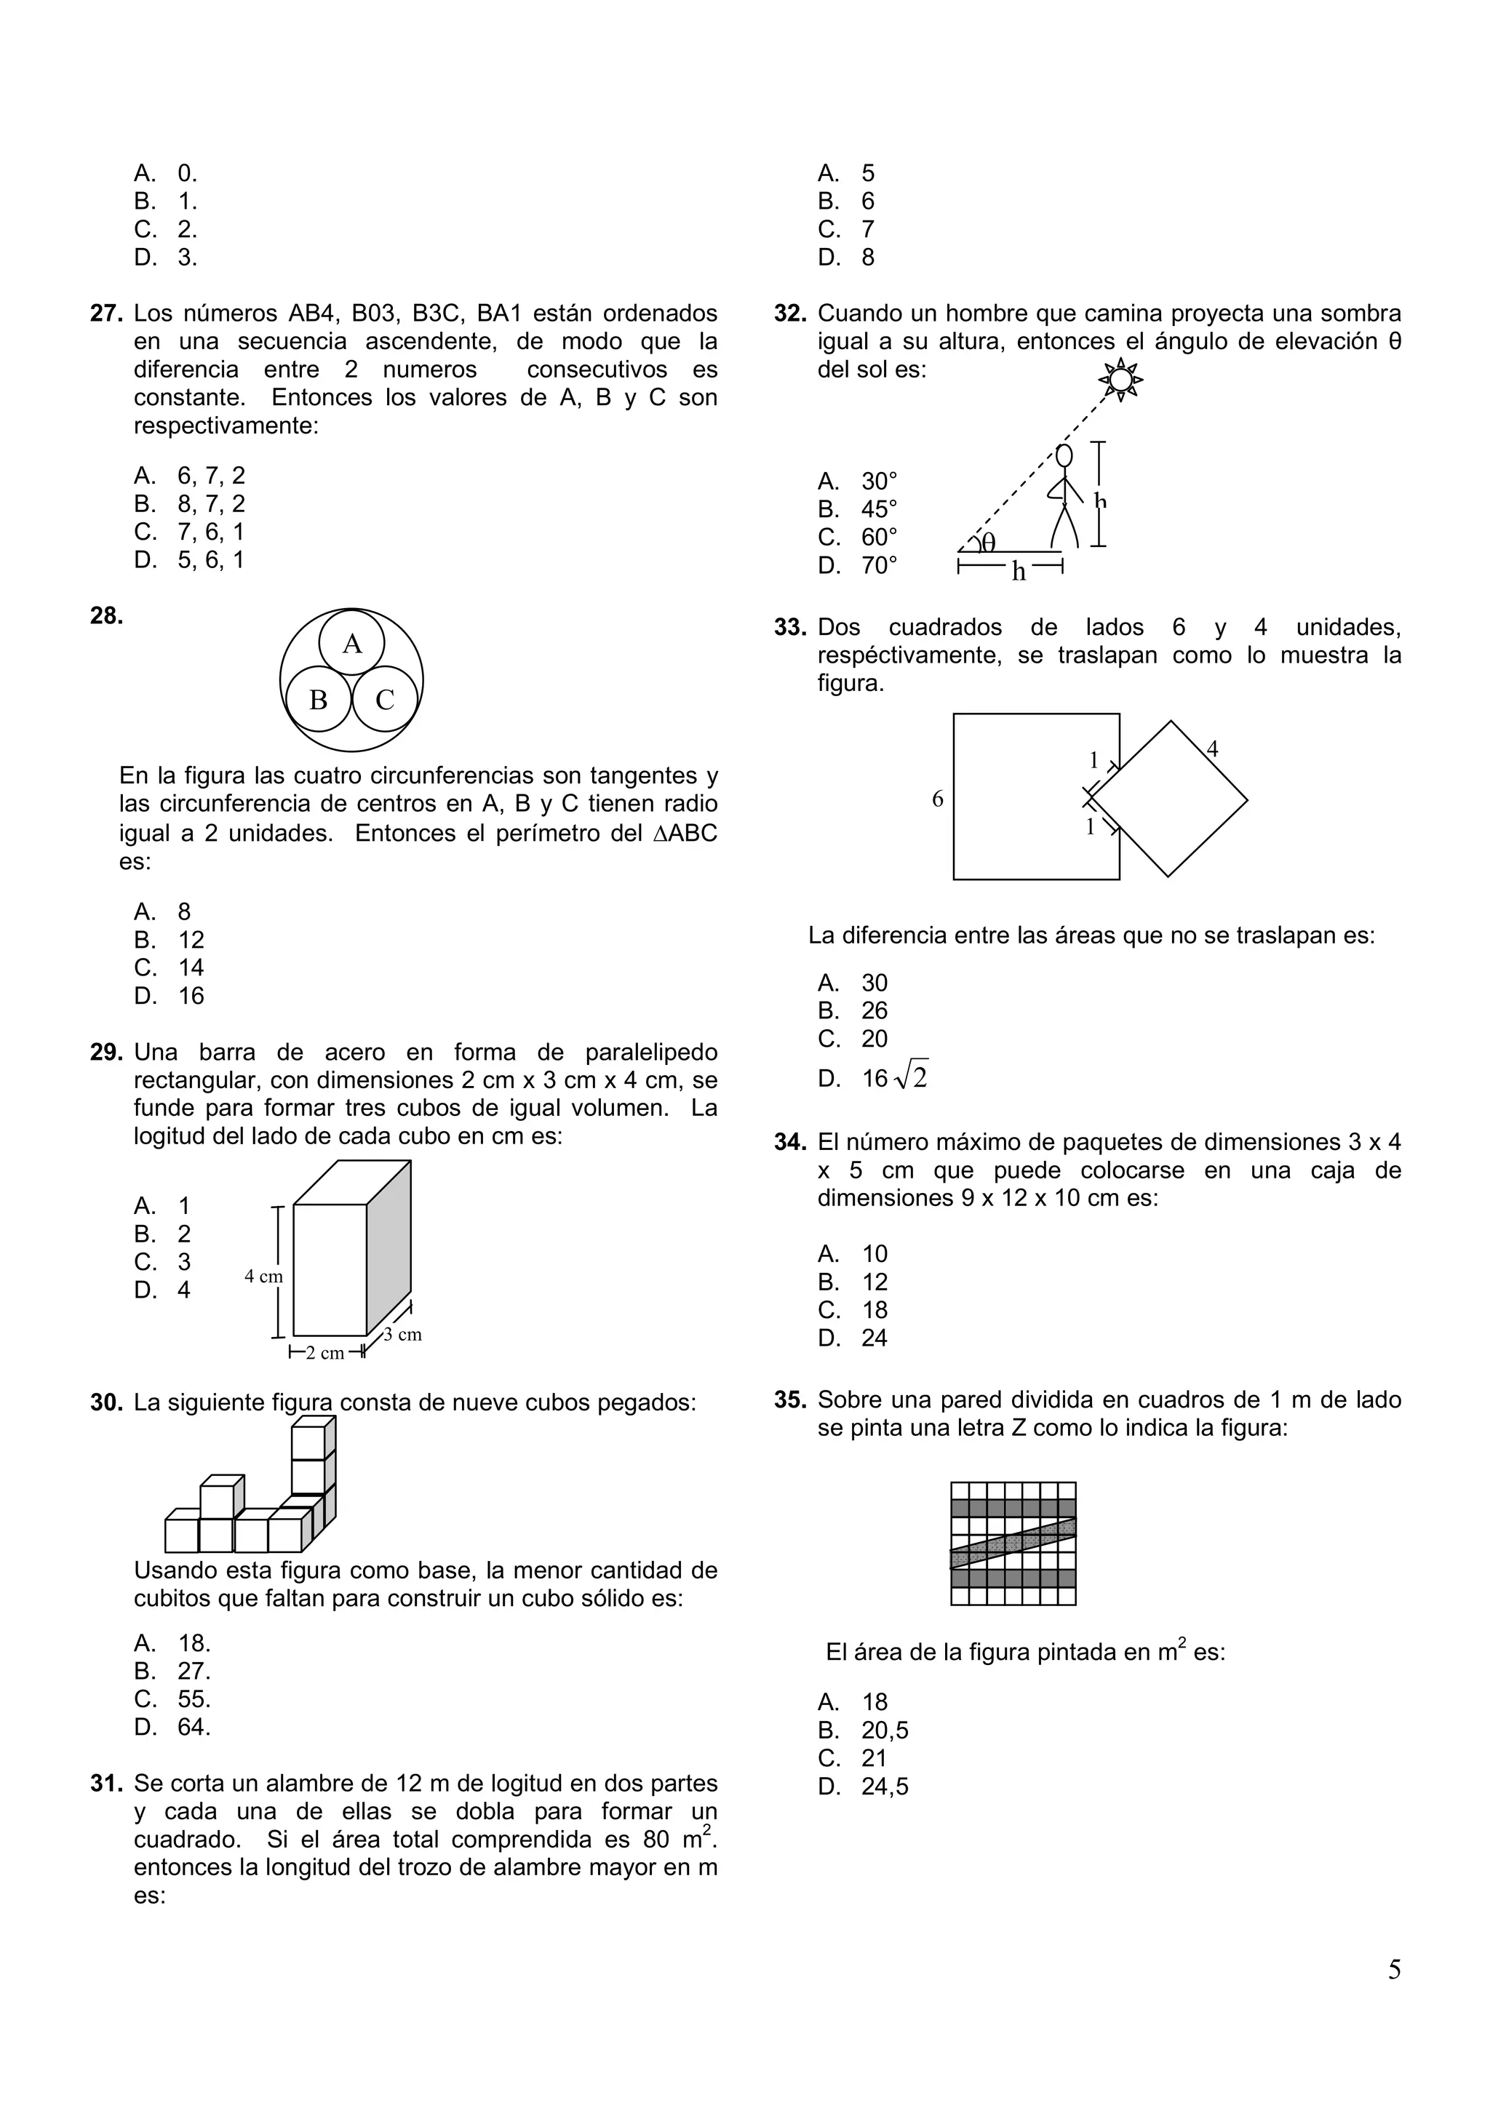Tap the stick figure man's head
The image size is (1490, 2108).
tap(1064, 455)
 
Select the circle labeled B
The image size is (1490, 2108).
tap(319, 700)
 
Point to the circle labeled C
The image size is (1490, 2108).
tap(386, 700)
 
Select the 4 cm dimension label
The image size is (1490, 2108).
tap(263, 1276)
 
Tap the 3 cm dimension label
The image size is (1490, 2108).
tap(403, 1334)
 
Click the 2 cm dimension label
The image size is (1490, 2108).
tap(325, 1352)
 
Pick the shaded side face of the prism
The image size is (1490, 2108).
tap(389, 1249)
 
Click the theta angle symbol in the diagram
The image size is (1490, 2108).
tap(988, 543)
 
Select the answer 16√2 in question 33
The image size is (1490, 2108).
tap(894, 1078)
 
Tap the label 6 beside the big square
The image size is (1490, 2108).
tap(937, 799)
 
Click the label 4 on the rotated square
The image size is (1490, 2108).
tap(1212, 749)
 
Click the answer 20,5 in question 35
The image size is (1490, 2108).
tap(884, 1730)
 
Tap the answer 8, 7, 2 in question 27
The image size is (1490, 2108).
tap(211, 504)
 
